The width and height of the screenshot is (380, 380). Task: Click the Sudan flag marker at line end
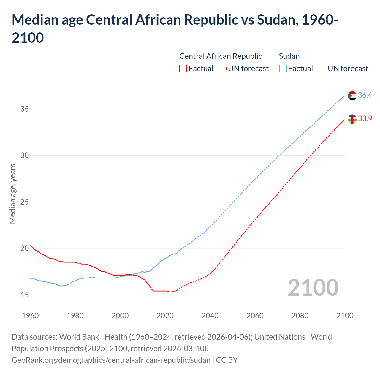(352, 96)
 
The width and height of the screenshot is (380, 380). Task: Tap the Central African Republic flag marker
(352, 119)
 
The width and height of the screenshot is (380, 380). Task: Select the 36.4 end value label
(365, 95)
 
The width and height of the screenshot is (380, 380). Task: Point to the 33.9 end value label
(365, 118)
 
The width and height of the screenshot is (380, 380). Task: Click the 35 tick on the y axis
(25, 109)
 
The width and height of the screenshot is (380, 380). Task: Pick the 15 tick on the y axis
(25, 295)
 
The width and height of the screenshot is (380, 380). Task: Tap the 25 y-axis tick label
(25, 202)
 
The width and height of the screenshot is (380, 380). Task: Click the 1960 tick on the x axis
(30, 316)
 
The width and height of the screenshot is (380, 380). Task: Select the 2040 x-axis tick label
(210, 316)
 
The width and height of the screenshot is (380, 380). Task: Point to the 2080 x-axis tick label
(300, 316)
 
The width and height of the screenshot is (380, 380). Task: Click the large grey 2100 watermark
(313, 287)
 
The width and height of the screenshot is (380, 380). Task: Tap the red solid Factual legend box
(183, 69)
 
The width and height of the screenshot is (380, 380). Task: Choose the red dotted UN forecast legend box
(223, 69)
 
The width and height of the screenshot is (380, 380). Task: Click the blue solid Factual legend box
(283, 69)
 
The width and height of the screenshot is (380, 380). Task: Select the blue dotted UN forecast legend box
(322, 69)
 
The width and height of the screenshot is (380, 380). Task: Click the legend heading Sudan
(289, 56)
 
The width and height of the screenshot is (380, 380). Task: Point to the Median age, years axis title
(12, 194)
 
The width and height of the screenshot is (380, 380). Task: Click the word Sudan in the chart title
(276, 20)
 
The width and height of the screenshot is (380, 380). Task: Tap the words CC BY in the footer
(227, 360)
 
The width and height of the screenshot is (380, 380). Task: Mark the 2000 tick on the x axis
(120, 316)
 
